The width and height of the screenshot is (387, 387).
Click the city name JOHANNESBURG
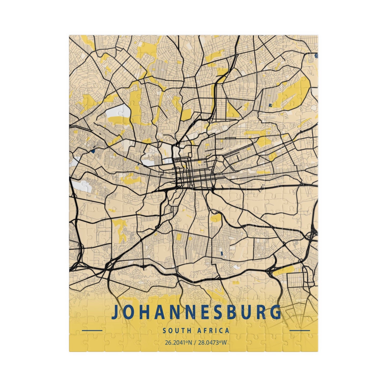coord(196,312)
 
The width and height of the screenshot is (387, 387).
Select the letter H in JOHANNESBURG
coord(146,312)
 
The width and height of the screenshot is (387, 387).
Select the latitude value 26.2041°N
coord(177,343)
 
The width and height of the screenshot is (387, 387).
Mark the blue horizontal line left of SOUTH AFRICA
coord(92,330)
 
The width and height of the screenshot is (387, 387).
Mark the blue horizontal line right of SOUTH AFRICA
coord(300,330)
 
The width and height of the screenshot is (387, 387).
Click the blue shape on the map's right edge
coord(317,55)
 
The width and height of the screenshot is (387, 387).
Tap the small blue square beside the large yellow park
coord(270,105)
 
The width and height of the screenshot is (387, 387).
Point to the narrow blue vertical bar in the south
coord(221,253)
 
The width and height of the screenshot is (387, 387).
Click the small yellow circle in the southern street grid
coord(190,238)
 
